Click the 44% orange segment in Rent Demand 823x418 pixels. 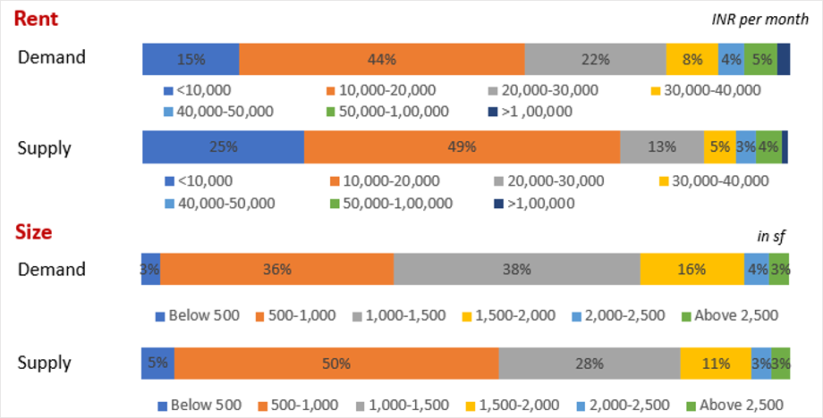point(382,59)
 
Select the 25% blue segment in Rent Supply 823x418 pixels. point(224,147)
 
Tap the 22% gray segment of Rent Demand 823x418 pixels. point(595,59)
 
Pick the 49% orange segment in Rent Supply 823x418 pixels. point(462,147)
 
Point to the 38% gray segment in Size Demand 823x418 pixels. point(516,269)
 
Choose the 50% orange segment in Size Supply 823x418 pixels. point(336,364)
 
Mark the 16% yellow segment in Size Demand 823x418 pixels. point(691,269)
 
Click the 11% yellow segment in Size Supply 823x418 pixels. point(715,364)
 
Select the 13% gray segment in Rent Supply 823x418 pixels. point(662,147)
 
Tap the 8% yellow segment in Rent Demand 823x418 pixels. point(691,59)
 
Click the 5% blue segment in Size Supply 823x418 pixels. point(157,364)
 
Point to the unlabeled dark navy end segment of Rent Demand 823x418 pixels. point(784,59)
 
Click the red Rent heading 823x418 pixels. point(38,19)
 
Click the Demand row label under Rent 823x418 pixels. point(52,58)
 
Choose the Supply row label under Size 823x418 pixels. point(46,364)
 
